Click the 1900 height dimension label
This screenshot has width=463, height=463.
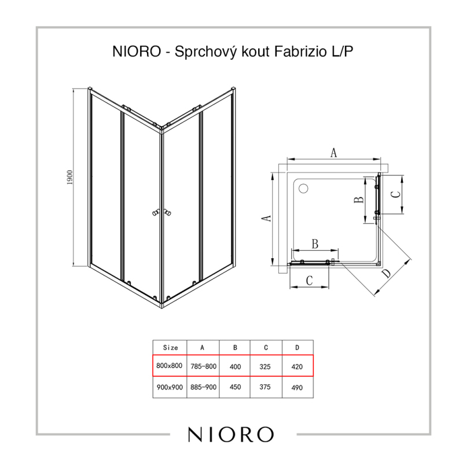coord(69,178)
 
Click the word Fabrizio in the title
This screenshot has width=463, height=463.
coord(300,52)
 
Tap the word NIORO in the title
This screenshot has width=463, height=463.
coord(137,52)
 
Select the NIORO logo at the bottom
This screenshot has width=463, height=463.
coord(231,435)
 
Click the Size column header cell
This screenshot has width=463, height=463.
coord(170,348)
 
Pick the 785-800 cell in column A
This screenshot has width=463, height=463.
coord(204,366)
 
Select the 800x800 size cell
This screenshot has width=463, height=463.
coord(169,366)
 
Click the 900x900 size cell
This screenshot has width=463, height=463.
coord(170,387)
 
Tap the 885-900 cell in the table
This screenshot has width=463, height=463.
coord(204,387)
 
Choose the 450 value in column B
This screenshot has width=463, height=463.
coord(235,387)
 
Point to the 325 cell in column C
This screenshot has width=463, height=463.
coord(265,366)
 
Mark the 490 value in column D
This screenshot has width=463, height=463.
coord(297,387)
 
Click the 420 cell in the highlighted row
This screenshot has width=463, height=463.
coord(297,367)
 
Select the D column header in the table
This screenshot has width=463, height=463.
coord(297,348)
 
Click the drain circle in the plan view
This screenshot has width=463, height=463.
coord(303,189)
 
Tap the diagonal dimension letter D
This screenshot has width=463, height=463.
coord(386,274)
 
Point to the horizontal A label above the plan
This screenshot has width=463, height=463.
coord(333,153)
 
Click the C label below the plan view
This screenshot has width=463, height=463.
coord(309,281)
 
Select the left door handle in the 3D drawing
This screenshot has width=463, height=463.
coord(156,213)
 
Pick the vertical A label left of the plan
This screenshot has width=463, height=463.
coord(267,218)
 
